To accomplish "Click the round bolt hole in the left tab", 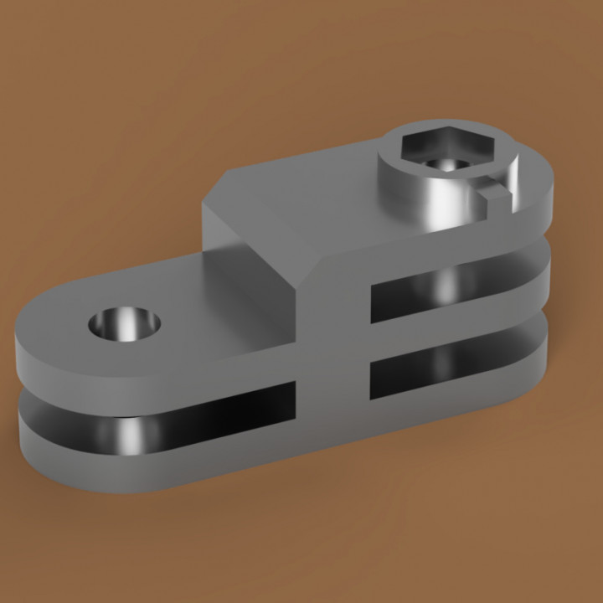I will pos(125,322).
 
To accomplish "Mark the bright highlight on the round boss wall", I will pos(435,205).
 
